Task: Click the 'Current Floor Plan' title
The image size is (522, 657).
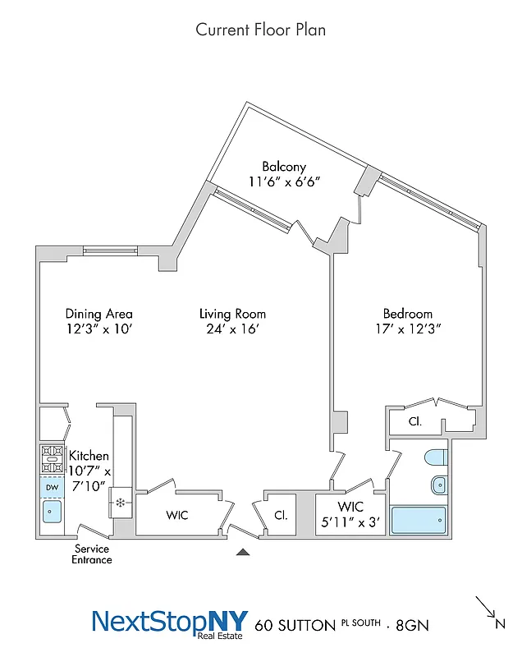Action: (260, 30)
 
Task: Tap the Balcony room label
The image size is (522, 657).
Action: (284, 167)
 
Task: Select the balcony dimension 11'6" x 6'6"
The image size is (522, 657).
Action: (284, 182)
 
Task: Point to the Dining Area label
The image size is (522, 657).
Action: (98, 314)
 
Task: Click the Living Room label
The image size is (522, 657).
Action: (232, 314)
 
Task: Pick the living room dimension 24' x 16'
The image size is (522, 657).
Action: (232, 329)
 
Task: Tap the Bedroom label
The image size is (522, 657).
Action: (407, 314)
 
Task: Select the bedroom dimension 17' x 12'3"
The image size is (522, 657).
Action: (407, 329)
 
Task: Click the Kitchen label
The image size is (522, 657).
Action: (89, 456)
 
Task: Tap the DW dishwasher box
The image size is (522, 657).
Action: (52, 487)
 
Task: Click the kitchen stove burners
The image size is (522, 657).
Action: (52, 458)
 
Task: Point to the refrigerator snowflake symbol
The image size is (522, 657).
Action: (121, 502)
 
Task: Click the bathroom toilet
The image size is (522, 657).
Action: (436, 457)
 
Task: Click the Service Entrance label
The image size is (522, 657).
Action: (93, 554)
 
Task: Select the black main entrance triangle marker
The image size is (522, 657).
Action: (242, 553)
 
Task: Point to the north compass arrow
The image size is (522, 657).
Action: (487, 610)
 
